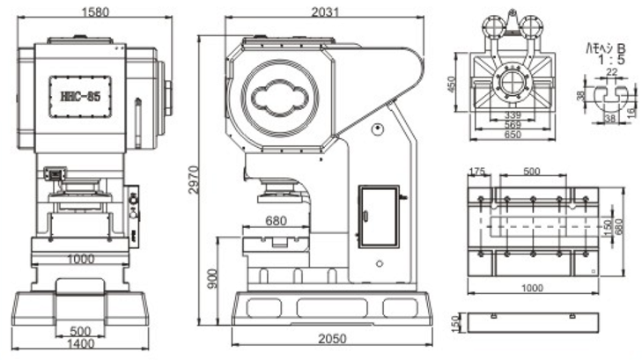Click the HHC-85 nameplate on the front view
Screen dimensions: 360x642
79,96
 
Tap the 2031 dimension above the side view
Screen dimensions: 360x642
324,11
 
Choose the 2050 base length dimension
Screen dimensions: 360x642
332,339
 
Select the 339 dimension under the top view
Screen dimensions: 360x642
514,115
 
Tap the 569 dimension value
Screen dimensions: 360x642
514,126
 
